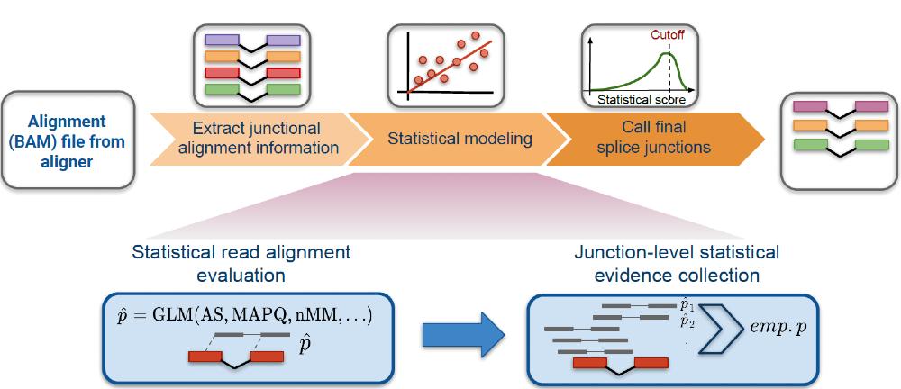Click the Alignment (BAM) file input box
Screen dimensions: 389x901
click(67, 140)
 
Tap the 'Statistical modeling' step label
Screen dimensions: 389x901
click(460, 140)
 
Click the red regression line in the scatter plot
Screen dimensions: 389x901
click(450, 62)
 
